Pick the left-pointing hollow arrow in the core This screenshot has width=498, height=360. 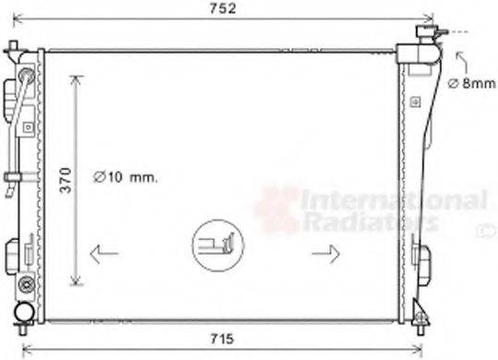point(104,251)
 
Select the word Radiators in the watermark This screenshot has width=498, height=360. point(370,222)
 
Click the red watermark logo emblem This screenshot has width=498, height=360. point(276,209)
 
